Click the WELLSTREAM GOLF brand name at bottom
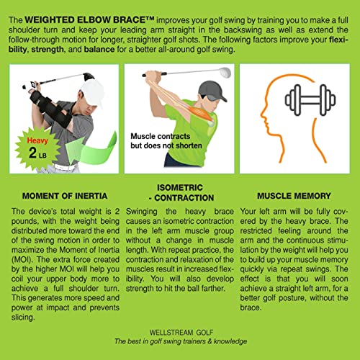[x=180, y=332]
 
